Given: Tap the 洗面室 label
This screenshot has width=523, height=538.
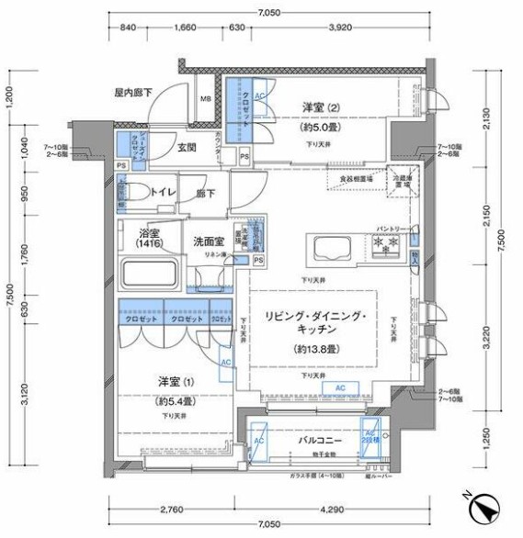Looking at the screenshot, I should point(208,241).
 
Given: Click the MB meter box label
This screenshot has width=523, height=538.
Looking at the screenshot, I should point(206,100).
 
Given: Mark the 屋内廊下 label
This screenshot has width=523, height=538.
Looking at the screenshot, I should point(133,93).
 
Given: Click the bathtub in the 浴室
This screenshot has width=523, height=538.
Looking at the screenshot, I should point(152,275).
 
